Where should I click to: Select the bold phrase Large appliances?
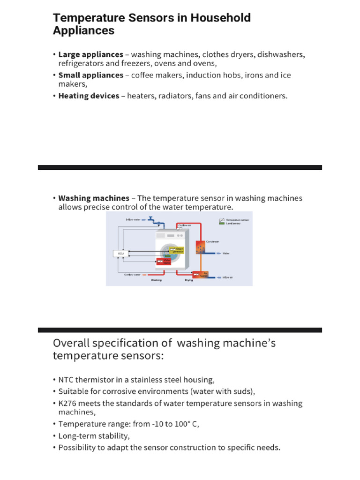point(91,54)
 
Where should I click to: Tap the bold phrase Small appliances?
point(91,75)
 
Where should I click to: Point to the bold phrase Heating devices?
point(89,96)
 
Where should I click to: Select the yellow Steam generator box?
point(178,250)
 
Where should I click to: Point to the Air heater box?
point(203,274)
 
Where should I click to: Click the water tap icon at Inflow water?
point(151,218)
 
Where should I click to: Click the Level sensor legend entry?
point(233,224)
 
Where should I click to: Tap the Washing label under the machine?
point(157,281)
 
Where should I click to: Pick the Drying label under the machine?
point(188,281)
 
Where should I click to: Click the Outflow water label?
point(132,275)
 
